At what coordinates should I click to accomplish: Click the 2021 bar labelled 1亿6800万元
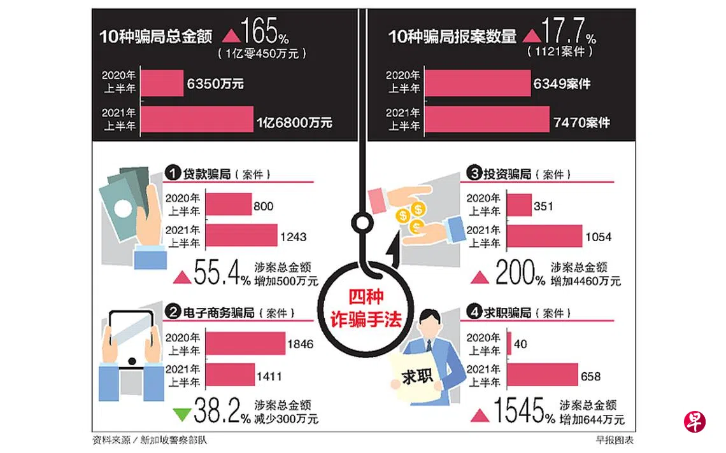[x=197, y=119]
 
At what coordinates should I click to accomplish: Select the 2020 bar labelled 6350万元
[x=162, y=83]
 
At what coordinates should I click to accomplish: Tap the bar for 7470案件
[x=487, y=119]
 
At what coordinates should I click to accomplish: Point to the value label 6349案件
[x=562, y=84]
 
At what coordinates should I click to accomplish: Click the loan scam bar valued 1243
[x=242, y=235]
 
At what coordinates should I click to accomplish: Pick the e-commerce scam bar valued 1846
[x=245, y=344]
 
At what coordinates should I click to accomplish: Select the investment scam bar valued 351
[x=520, y=205]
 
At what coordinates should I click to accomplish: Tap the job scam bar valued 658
[x=543, y=375]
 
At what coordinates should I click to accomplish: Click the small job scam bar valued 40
[x=509, y=344]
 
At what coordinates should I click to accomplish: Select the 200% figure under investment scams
[x=520, y=272]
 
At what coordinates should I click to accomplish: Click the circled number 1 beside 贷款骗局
[x=172, y=174]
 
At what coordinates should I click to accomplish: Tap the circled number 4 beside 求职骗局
[x=474, y=312]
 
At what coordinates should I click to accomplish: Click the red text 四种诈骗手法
[x=366, y=309]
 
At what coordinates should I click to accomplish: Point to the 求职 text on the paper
[x=417, y=377]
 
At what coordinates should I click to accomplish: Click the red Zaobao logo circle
[x=695, y=422]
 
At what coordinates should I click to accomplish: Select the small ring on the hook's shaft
[x=362, y=223]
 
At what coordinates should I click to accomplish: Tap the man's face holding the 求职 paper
[x=431, y=326]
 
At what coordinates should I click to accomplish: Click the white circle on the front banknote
[x=123, y=209]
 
